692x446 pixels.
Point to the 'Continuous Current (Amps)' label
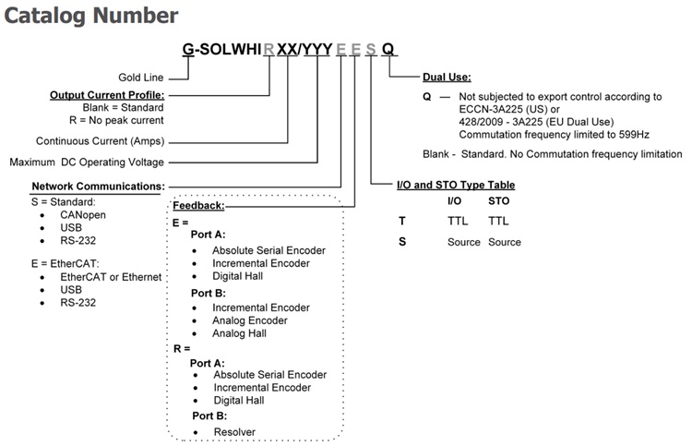tap(101, 141)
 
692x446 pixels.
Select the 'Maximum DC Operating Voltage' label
tap(99, 163)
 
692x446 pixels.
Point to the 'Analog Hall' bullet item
tap(239, 333)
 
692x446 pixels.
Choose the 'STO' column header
tap(499, 200)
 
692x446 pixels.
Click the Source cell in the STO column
tap(504, 242)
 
